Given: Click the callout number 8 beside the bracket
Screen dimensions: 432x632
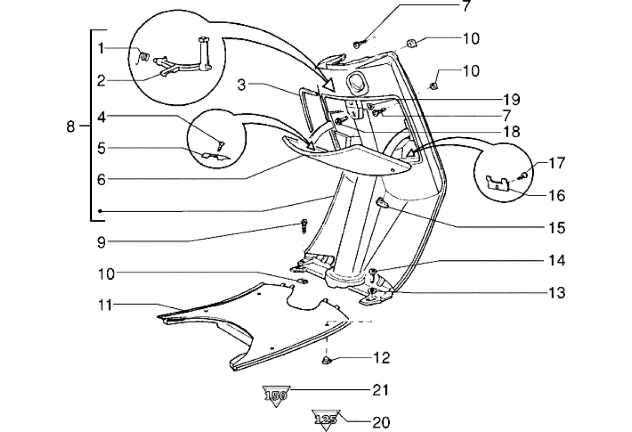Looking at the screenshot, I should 71,127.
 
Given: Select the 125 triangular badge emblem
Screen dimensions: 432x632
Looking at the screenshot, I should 325,419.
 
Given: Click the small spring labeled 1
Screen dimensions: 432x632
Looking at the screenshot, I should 144,56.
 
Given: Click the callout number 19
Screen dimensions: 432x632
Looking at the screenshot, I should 511,99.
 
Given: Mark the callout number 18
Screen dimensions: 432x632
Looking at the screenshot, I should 511,131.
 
